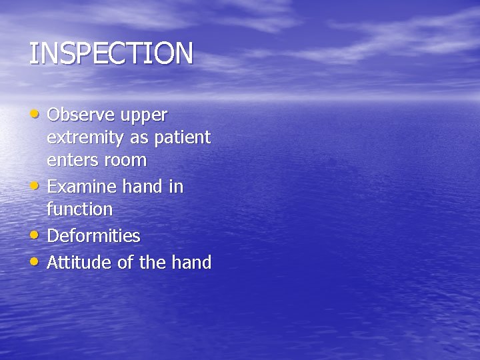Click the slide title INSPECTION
tap(111, 54)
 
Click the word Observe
tap(81, 115)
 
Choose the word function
tap(79, 209)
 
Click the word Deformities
tap(93, 236)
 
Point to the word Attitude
tap(80, 263)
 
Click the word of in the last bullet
tap(125, 263)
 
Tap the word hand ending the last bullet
tap(192, 263)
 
